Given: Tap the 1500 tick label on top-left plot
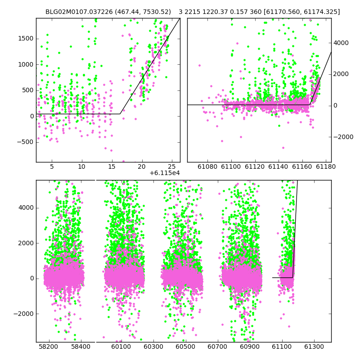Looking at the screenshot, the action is [26, 39].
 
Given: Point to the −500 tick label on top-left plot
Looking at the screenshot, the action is [25, 142].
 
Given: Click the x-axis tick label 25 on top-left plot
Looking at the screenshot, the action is [172, 166].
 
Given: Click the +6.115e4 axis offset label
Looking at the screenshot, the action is [164, 173].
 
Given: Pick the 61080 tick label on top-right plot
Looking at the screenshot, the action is [207, 166].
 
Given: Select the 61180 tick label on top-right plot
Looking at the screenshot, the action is [325, 166].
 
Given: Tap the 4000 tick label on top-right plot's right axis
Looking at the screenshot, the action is [341, 43].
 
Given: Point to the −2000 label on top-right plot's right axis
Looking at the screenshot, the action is [343, 137].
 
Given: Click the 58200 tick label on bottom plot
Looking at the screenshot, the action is [49, 346].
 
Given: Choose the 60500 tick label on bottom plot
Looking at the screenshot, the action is [185, 346].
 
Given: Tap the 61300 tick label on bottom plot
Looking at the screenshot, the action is [314, 346].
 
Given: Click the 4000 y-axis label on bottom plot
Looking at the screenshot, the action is [26, 208].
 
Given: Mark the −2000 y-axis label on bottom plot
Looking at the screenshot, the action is [24, 314].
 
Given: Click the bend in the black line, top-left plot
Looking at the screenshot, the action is [120, 114].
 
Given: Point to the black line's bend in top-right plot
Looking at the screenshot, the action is [310, 105].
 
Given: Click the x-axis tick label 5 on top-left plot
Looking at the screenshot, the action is [52, 166].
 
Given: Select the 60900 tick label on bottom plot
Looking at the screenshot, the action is [250, 346].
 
